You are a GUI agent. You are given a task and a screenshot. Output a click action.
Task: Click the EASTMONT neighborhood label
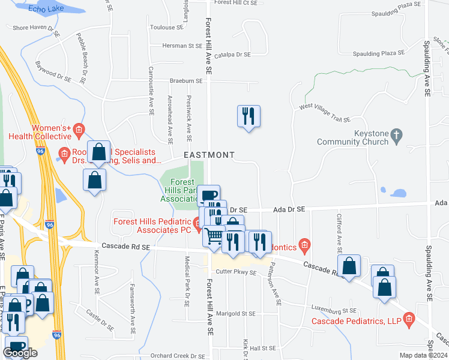coord(209,155)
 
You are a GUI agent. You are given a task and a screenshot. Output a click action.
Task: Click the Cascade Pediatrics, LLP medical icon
coord(409,317)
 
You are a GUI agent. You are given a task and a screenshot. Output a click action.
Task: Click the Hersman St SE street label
coord(182,46)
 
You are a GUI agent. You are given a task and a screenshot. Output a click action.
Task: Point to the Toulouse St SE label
coord(167,28)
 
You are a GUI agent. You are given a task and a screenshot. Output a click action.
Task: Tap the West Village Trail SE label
coord(325,115)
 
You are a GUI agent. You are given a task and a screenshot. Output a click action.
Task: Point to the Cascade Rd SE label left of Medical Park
coord(125,247)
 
